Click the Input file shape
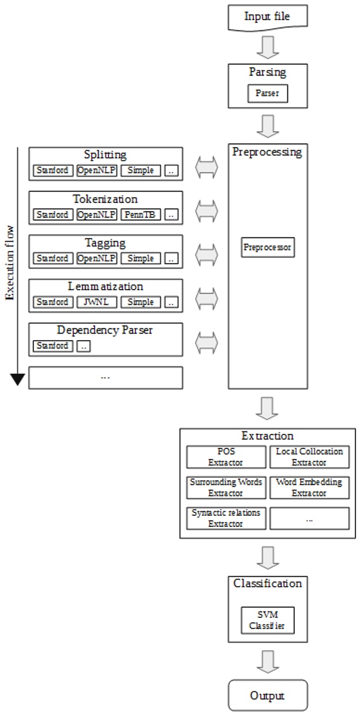(x=267, y=16)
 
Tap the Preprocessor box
(x=267, y=248)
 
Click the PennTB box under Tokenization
(x=141, y=215)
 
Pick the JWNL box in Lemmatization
(x=97, y=302)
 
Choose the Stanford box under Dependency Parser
(x=53, y=346)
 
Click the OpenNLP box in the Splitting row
(x=97, y=171)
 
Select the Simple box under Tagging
(x=141, y=259)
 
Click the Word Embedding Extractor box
(x=310, y=487)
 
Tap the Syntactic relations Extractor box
(x=226, y=518)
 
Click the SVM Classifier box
(x=267, y=620)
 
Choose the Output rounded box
(x=267, y=695)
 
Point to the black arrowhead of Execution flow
(x=18, y=379)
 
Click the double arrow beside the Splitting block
(x=206, y=168)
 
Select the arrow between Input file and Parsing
(x=267, y=48)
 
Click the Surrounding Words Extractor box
(x=226, y=487)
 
